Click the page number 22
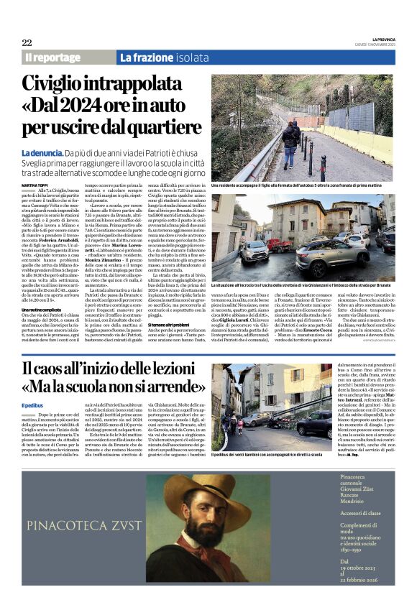(27, 42)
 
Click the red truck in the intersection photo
(280, 244)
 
